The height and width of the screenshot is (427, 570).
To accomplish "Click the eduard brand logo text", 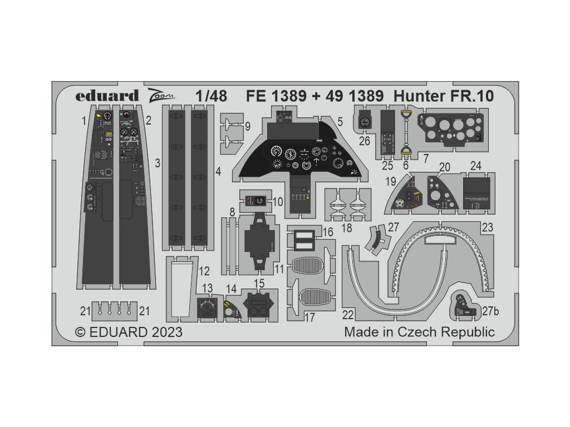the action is click(107, 95).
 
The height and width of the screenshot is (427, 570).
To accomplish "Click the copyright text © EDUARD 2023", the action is click(128, 332).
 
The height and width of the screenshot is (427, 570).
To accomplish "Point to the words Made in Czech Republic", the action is click(419, 332).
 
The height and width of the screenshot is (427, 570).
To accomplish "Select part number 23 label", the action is click(488, 227).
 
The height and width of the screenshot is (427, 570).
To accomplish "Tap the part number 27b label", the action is click(492, 312).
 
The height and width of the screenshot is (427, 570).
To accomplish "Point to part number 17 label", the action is click(309, 317).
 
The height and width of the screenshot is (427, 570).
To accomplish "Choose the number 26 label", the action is click(365, 141).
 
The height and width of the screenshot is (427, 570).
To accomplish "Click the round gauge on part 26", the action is click(365, 122).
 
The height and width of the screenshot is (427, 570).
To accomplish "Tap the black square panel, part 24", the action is click(476, 192).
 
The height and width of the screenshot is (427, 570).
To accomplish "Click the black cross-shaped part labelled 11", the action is click(260, 242).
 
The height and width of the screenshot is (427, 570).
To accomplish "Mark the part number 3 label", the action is click(158, 163).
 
